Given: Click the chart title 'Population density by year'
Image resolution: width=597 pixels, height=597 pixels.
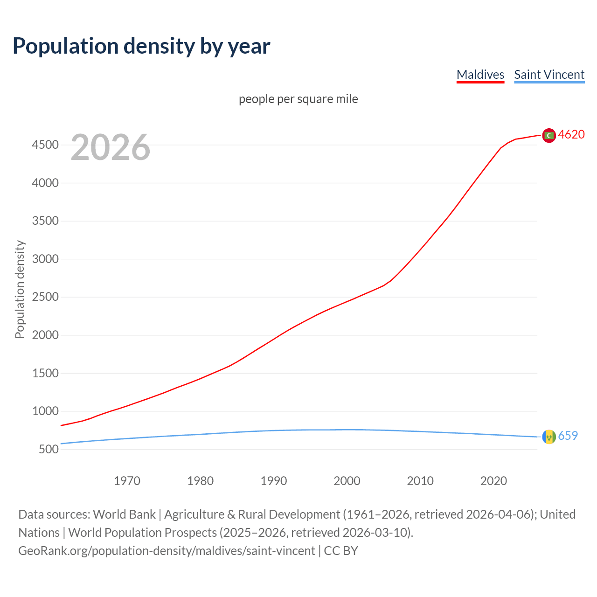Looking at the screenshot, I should click(x=141, y=46).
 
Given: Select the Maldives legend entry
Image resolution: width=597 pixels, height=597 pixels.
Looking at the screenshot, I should click(x=480, y=75).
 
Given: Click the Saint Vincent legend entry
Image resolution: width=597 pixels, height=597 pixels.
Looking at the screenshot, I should click(x=549, y=75).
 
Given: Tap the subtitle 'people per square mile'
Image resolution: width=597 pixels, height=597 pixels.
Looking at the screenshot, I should click(x=298, y=99).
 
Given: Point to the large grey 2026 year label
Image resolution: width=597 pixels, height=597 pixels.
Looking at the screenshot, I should click(x=111, y=147).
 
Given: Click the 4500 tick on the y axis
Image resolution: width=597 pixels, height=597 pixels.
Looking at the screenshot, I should click(x=45, y=145).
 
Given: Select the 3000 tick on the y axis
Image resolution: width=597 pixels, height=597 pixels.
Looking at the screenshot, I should click(x=45, y=259).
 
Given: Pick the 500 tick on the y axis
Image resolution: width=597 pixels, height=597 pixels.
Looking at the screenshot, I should click(x=49, y=450).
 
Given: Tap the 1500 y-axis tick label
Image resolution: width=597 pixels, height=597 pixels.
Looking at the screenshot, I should click(x=45, y=374).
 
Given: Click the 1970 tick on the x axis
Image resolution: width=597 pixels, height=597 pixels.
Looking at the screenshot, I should click(x=127, y=481).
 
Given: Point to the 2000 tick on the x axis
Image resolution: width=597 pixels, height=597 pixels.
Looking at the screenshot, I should click(x=347, y=481).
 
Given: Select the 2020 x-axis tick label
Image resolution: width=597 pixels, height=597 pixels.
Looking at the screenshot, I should click(x=493, y=481).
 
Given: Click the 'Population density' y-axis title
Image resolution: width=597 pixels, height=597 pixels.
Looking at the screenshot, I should click(x=20, y=289).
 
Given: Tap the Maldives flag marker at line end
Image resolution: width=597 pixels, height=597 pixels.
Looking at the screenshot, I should click(x=549, y=135).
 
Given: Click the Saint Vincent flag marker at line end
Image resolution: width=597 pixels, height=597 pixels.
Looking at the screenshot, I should click(x=549, y=437).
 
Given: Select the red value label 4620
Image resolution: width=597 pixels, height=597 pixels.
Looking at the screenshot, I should click(x=571, y=135).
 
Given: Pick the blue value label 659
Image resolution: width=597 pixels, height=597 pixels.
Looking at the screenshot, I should click(x=568, y=436).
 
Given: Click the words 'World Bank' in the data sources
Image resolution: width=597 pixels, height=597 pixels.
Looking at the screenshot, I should click(x=124, y=514).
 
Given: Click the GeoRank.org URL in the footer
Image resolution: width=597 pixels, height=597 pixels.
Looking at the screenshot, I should click(x=167, y=551).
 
